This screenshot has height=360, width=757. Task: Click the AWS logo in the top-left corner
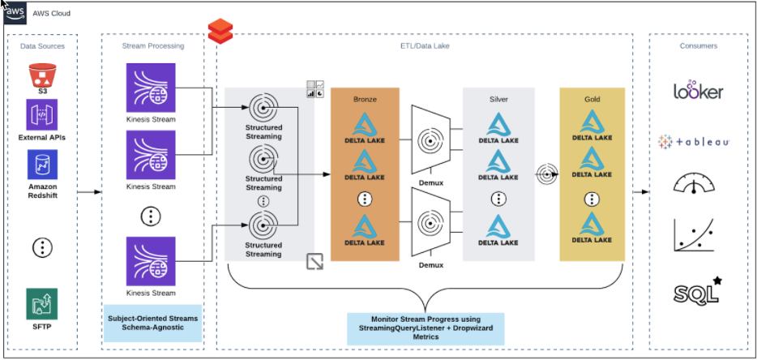pos(15,13)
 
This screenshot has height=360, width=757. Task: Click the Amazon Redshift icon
pos(41,165)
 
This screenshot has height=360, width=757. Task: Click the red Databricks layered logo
pos(220,33)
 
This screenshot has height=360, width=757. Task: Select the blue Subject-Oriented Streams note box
pos(152,322)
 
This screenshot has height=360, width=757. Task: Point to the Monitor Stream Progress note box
pos(426,328)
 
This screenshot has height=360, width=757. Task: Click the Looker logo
pos(698,92)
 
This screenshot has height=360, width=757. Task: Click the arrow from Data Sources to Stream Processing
pos(89,192)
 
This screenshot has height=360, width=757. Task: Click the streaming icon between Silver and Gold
pos(547,173)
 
